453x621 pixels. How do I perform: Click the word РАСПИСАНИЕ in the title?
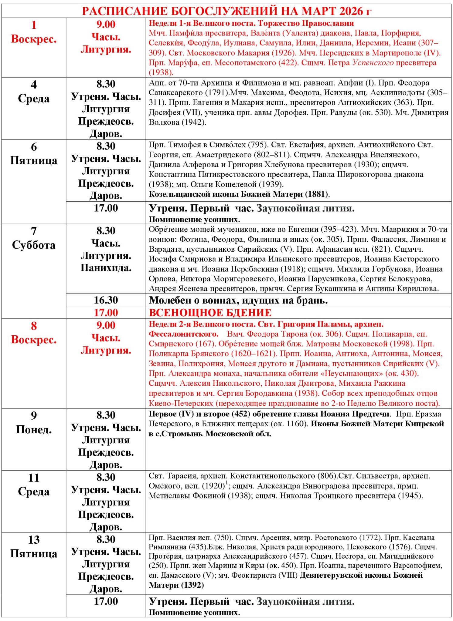coord(124,11)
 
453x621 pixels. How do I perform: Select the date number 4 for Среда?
coord(34,84)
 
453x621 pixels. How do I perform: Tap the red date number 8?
coord(34,326)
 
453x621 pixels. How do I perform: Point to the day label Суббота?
coord(34,245)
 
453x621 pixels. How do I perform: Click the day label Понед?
coord(34,429)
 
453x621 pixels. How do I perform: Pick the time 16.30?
coord(106,300)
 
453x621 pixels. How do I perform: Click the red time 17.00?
coord(106,313)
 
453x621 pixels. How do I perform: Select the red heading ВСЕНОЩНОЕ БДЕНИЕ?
coord(210,313)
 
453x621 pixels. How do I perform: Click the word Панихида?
coord(106,268)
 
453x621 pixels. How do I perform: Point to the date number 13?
coord(34,540)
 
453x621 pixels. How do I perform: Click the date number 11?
coord(34,478)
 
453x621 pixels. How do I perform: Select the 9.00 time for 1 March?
coord(106,24)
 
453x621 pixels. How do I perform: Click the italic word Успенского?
coord(373,63)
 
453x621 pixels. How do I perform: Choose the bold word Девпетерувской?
coord(332,575)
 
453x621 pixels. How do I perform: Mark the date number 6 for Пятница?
coord(34,147)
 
